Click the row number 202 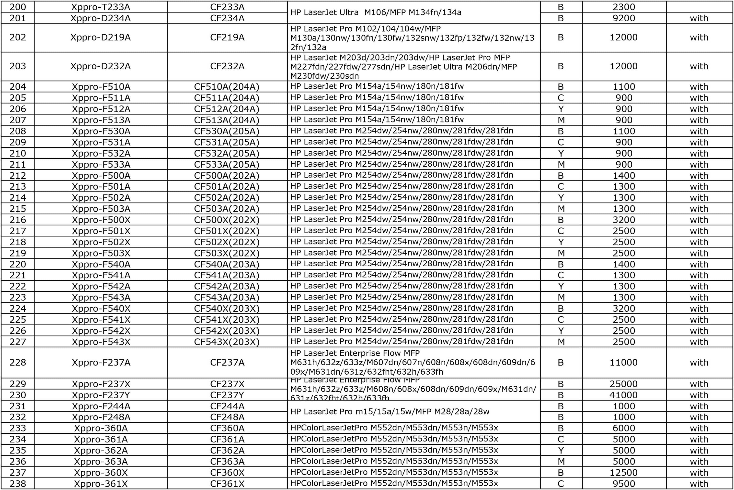point(18,37)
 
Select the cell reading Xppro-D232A point(101,66)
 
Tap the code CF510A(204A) point(227,86)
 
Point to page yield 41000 point(623,395)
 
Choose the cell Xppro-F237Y point(101,395)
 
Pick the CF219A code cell point(227,37)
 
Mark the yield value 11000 point(623,363)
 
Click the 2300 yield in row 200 point(623,7)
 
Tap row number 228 point(18,363)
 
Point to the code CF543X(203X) point(227,342)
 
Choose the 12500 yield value point(623,473)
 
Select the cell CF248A point(227,417)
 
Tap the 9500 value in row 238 point(623,484)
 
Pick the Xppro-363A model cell point(101,462)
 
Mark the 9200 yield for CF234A point(623,18)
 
